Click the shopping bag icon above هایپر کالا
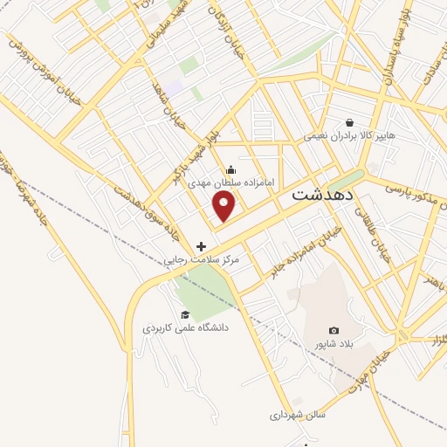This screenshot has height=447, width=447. [350, 123]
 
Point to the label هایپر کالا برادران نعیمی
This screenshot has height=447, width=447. [349, 136]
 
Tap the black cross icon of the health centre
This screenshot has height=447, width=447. [202, 246]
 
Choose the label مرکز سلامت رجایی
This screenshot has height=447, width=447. [202, 260]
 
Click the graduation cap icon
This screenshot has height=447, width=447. [185, 314]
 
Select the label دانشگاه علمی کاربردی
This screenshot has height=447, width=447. [185, 328]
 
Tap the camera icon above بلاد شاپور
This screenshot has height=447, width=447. [334, 330]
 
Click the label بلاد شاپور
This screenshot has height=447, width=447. [334, 344]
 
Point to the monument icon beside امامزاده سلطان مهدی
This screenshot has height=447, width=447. [230, 169]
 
